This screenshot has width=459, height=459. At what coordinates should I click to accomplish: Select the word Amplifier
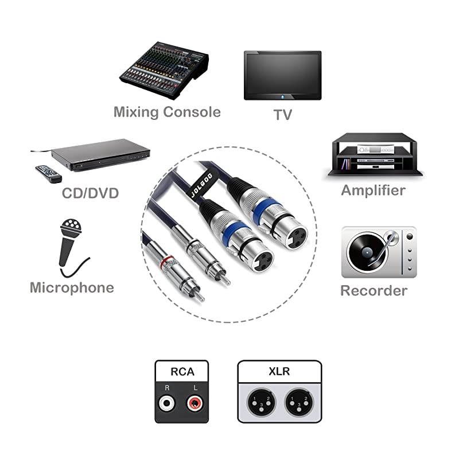(373, 190)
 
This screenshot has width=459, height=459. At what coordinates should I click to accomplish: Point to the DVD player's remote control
(48, 173)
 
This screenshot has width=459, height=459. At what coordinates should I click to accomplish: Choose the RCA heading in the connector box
(182, 372)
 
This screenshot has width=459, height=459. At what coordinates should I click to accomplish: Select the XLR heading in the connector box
(279, 371)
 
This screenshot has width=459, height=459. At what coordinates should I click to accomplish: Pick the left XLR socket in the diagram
(259, 404)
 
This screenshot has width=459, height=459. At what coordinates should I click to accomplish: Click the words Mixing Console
(167, 111)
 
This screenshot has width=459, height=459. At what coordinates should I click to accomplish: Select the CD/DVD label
(90, 193)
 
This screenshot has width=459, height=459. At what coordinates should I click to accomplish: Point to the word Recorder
(374, 290)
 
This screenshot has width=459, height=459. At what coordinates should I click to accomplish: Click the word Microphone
(72, 287)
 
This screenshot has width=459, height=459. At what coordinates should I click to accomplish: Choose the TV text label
(282, 115)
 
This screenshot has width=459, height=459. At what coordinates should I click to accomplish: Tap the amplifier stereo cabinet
(374, 155)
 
